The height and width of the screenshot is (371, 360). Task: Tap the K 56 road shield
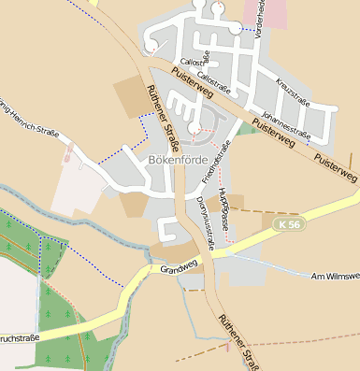click(291, 225)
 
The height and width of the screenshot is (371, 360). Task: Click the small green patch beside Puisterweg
click(246, 129)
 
